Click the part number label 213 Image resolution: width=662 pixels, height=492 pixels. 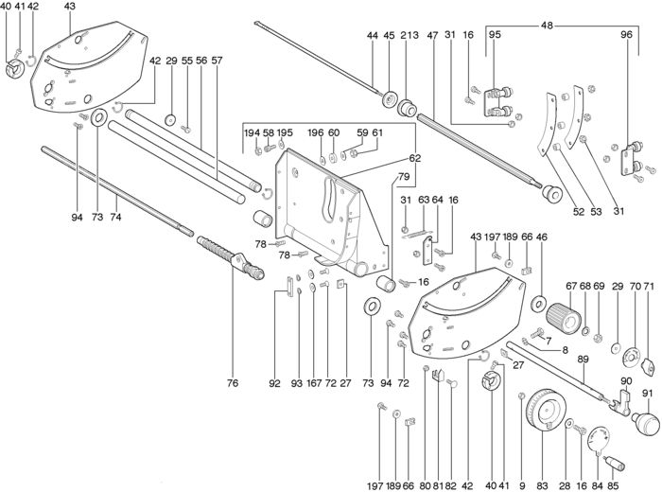(408, 36)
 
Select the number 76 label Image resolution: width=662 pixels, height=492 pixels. (233, 383)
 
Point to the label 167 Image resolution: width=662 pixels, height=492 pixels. (313, 383)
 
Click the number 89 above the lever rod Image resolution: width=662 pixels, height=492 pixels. (583, 359)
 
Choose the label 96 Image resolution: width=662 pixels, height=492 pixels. (625, 35)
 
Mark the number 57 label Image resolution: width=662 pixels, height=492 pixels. (217, 61)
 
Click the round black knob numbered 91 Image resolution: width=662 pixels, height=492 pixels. (644, 418)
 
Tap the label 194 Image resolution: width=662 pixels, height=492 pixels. (252, 133)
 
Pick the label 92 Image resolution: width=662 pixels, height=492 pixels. (275, 383)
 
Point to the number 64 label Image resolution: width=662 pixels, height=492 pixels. (437, 200)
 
